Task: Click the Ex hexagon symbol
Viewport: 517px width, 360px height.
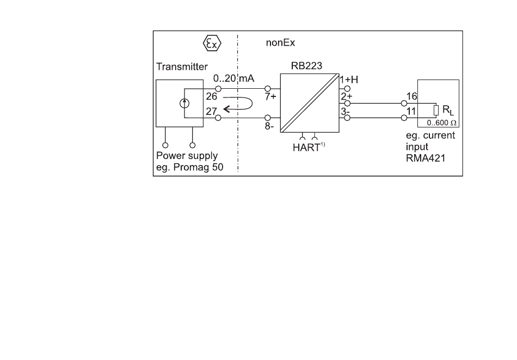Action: pyautogui.click(x=212, y=43)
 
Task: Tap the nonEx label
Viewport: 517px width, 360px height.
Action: pyautogui.click(x=280, y=42)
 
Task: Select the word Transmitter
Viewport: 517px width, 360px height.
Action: pyautogui.click(x=182, y=66)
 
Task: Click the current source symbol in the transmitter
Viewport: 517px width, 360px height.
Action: pyautogui.click(x=184, y=103)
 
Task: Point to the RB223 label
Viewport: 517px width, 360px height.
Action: pyautogui.click(x=306, y=66)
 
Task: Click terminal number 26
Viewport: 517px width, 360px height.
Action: pyautogui.click(x=212, y=96)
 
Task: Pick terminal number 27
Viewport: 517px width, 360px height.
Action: pyautogui.click(x=211, y=112)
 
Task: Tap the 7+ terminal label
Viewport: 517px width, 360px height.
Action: pyautogui.click(x=270, y=96)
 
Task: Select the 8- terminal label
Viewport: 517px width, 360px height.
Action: pyautogui.click(x=269, y=126)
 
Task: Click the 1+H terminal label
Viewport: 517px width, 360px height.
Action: pyautogui.click(x=349, y=80)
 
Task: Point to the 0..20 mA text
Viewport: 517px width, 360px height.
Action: pyautogui.click(x=233, y=78)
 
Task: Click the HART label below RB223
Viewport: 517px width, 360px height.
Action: pyautogui.click(x=306, y=148)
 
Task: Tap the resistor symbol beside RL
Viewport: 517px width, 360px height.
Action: pyautogui.click(x=436, y=110)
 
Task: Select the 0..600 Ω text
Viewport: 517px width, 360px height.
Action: pyautogui.click(x=441, y=123)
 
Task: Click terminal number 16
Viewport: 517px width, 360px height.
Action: pyautogui.click(x=412, y=96)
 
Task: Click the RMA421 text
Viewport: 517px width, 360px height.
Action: pyautogui.click(x=426, y=158)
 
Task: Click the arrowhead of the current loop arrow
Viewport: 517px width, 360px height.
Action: pyautogui.click(x=227, y=109)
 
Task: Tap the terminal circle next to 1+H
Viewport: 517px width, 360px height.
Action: pyautogui.click(x=347, y=89)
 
